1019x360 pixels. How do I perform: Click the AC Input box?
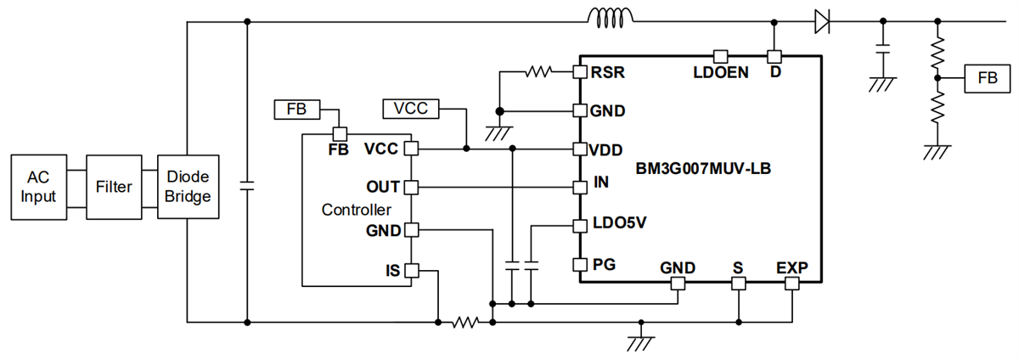coord(40,187)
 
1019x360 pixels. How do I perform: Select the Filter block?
coord(114,187)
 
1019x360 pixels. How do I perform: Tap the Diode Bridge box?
coord(186,187)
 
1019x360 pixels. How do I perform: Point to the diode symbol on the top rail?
coord(820,21)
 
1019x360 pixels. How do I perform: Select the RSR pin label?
coord(610,73)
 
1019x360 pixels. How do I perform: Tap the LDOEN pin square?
coord(719,57)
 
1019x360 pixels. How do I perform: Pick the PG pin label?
coord(604,264)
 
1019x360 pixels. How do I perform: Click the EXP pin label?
coord(791,268)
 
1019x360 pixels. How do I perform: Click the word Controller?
coord(357,209)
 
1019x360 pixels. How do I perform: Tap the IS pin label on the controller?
coord(391,271)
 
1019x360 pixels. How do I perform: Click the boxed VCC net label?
coord(411,109)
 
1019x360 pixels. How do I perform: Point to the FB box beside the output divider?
coord(988,77)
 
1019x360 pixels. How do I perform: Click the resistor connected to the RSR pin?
coord(538,72)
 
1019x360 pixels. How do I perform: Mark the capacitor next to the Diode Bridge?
coord(247,187)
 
